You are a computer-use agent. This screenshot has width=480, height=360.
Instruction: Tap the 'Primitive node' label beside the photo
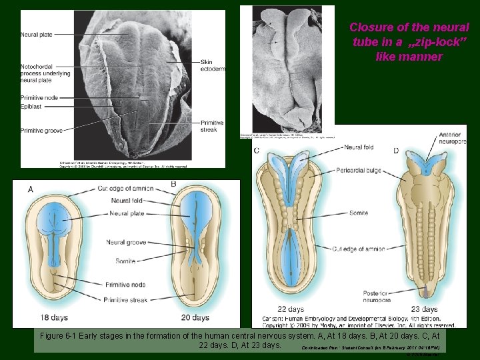pos(39,98)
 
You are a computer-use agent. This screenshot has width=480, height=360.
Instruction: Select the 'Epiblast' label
pos(31,105)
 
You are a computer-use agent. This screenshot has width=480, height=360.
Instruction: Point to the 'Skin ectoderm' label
pos(213,65)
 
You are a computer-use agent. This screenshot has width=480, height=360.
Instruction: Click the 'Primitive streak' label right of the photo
pos(211,126)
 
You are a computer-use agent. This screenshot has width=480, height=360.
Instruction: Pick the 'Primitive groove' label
pos(41,131)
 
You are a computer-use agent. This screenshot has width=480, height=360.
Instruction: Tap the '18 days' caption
pos(54,317)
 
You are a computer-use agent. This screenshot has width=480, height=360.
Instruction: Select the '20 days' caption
pos(195,317)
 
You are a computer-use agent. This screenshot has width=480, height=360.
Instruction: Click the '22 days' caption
pos(291,309)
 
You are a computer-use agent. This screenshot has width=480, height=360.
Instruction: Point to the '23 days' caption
pos(425,309)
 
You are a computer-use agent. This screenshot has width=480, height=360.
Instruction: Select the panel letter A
pos(31,189)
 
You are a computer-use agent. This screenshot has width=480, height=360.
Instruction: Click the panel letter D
pos(396,151)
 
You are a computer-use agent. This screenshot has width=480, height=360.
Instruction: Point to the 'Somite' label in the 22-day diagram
pos(357,213)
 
